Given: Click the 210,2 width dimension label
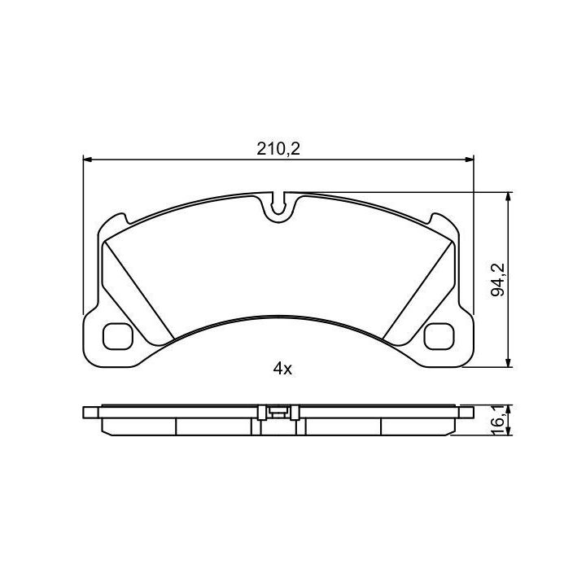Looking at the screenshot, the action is [x=278, y=149].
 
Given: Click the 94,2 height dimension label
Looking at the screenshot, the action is [x=498, y=279].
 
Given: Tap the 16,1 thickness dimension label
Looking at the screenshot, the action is [x=498, y=421].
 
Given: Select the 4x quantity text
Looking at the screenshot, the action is [x=282, y=370].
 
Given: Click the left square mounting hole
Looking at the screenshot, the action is [x=118, y=336].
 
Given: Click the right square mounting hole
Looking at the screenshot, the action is [x=439, y=336].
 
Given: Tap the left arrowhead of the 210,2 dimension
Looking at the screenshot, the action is [x=87, y=160].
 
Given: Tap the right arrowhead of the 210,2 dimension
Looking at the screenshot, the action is [x=469, y=160].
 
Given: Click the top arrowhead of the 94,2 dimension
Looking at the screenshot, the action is [x=508, y=197].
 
